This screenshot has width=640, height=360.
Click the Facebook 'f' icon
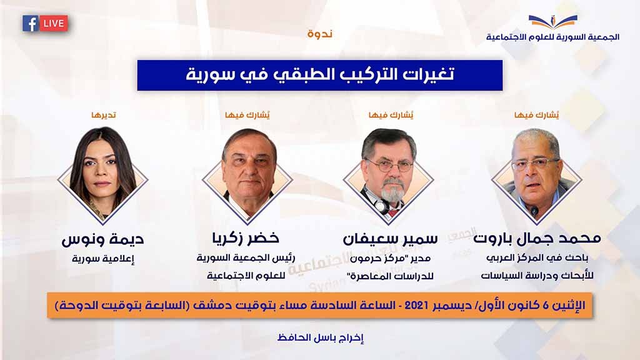click(x=30, y=24)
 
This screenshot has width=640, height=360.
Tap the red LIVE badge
click(x=54, y=24)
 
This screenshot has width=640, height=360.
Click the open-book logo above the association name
click(x=552, y=22)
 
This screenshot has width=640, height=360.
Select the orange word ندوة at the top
click(x=320, y=34)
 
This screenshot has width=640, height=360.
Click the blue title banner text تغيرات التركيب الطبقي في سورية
click(x=320, y=75)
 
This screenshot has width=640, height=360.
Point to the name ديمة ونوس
click(x=103, y=239)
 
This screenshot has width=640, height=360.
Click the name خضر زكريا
click(x=246, y=238)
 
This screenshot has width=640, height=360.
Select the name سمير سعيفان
click(x=390, y=239)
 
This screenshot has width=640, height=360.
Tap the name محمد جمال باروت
click(x=537, y=238)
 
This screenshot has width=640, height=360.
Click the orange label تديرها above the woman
click(x=104, y=116)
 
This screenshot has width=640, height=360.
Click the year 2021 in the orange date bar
click(x=416, y=305)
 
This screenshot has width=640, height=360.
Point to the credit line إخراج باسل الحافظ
click(x=321, y=338)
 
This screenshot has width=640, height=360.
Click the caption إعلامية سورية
click(x=103, y=259)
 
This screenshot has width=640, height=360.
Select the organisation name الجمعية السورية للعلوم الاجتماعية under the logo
click(x=552, y=37)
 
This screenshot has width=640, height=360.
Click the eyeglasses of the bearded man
click(x=389, y=166)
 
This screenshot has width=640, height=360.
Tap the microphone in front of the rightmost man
click(x=535, y=212)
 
